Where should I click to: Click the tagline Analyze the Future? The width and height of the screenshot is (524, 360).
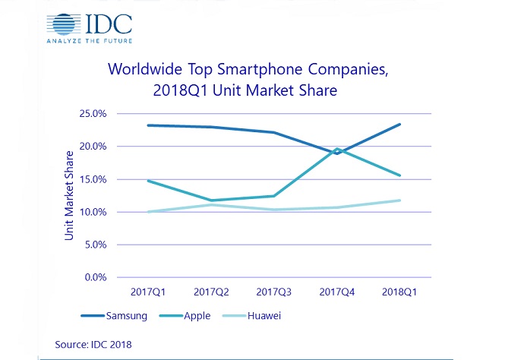pos(88,40)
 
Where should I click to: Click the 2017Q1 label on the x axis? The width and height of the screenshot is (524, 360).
pos(148,291)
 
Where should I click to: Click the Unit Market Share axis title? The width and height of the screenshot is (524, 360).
pos(69,196)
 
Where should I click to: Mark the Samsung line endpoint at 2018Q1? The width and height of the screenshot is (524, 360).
pos(400,125)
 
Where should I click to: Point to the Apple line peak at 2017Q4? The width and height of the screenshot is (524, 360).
pos(337,149)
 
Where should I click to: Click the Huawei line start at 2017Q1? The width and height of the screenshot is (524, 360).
pos(148,212)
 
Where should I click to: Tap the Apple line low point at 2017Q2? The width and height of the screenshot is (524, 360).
pos(211,201)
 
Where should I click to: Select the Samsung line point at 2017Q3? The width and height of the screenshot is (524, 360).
pos(274,132)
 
